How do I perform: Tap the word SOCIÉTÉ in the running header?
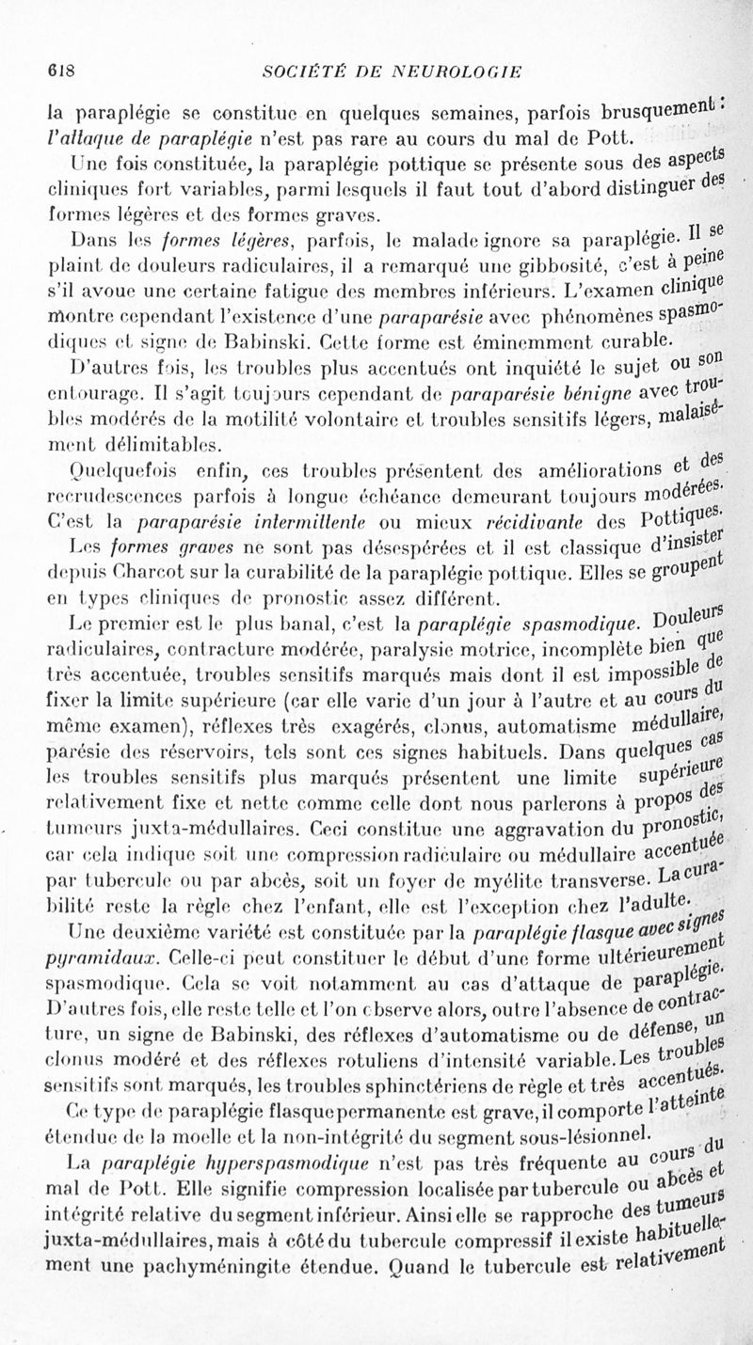click(302, 71)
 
